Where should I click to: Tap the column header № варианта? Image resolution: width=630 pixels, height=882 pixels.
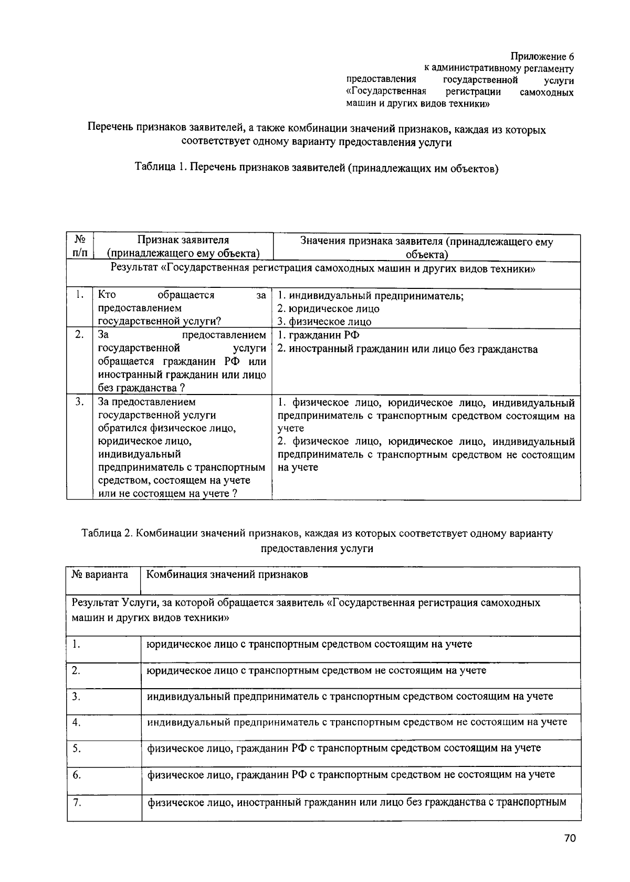pos(100,574)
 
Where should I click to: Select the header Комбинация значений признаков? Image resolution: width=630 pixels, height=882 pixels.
pos(227,574)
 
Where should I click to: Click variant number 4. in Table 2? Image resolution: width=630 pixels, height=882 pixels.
pos(77,722)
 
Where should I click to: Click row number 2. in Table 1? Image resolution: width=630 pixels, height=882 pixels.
pos(79,335)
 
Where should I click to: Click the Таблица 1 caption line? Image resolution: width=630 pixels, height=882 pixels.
pos(316,168)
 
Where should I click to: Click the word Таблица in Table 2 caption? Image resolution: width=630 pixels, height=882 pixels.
pos(100,533)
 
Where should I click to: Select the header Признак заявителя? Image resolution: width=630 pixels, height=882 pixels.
pos(183,240)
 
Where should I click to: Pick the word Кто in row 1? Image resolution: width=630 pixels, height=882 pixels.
pos(107,295)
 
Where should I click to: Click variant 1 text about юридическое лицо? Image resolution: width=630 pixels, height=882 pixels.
pos(309,644)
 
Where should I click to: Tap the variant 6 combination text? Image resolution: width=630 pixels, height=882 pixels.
pos(351,774)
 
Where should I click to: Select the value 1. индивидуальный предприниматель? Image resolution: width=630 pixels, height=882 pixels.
pos(370,295)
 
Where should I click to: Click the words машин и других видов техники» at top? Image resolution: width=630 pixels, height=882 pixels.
pos(418,103)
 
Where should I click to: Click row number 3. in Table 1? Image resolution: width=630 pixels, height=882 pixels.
pos(79,402)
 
